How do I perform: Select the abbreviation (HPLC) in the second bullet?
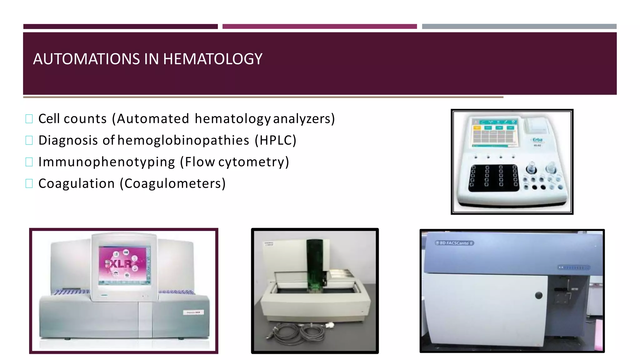[x=275, y=140]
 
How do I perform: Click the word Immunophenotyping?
[x=107, y=162]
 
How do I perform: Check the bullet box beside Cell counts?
[x=29, y=119]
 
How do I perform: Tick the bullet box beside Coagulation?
[x=29, y=183]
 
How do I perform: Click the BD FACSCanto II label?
[x=455, y=243]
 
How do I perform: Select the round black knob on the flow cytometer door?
[x=539, y=295]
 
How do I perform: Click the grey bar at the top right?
[x=519, y=27]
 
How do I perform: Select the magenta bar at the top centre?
[x=319, y=27]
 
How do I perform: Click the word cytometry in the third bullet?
[x=253, y=162]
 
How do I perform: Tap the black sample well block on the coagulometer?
[x=493, y=177]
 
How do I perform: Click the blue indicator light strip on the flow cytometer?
[x=574, y=267]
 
